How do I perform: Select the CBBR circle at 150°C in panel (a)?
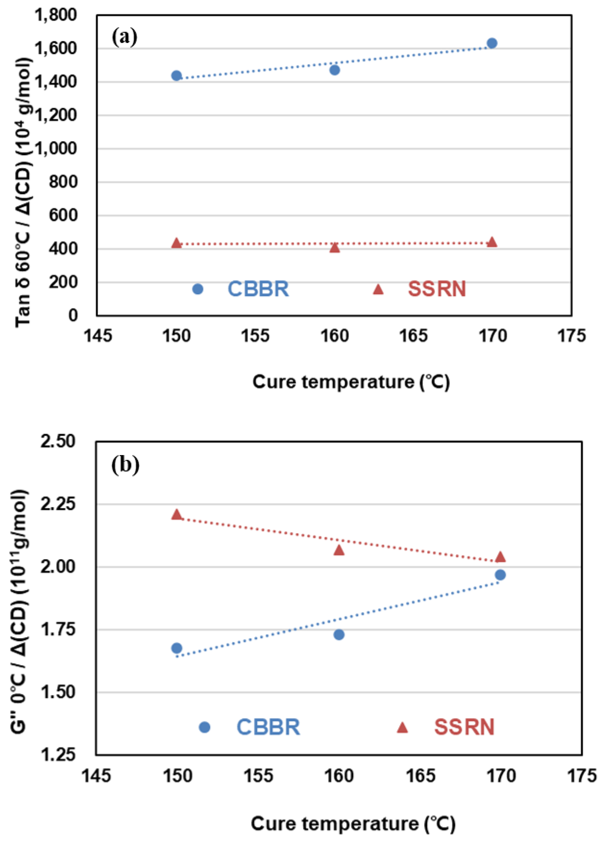(x=176, y=75)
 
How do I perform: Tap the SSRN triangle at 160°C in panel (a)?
(x=335, y=248)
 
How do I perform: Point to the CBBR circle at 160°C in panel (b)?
(x=339, y=635)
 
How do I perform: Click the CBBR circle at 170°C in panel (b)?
(x=500, y=575)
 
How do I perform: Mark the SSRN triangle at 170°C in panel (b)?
(x=500, y=557)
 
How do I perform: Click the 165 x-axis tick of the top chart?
(x=413, y=336)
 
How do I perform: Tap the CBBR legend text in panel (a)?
(x=258, y=289)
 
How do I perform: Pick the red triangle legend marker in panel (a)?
(x=378, y=289)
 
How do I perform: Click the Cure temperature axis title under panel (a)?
(x=351, y=382)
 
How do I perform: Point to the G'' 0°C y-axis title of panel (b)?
(x=19, y=610)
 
